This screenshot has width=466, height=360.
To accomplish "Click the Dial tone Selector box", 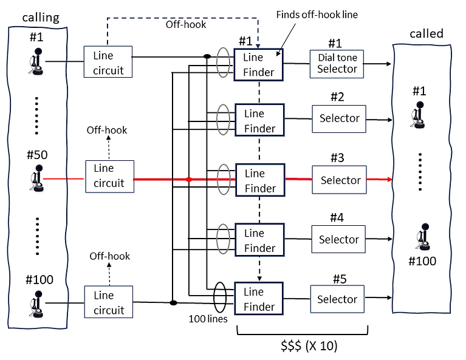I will click(337, 63).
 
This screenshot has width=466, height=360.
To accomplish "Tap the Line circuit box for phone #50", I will click(109, 176).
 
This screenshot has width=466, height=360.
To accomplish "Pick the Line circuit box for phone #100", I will click(108, 303).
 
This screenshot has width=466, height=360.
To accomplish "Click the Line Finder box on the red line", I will click(259, 180).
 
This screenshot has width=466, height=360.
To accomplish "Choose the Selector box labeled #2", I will click(339, 118).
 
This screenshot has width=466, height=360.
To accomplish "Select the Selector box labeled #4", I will click(339, 240).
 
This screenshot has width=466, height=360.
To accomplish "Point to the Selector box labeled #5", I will click(337, 299).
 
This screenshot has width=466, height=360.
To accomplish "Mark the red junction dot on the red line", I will click(189, 180).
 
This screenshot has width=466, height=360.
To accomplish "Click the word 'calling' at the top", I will click(41, 17).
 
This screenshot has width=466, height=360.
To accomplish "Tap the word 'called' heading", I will click(427, 33).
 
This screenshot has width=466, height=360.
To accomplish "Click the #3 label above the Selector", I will click(338, 158).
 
